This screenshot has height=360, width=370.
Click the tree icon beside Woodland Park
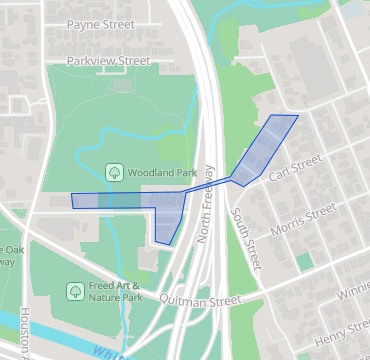point(114,172)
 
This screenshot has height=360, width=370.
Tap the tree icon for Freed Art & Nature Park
point(74,291)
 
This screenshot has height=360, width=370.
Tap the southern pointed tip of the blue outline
point(169,244)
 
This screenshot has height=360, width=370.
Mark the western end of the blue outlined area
point(72,201)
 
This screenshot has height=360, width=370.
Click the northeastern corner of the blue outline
point(298,115)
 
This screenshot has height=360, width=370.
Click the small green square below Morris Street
point(304,261)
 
